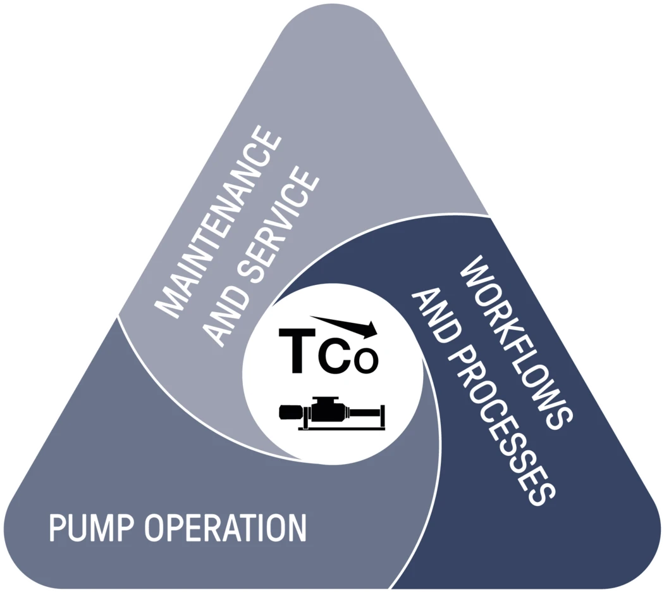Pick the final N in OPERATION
(297, 527)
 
